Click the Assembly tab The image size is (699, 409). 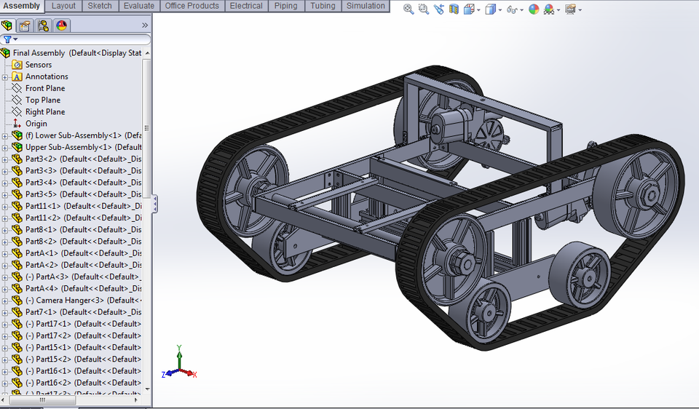click(x=22, y=6)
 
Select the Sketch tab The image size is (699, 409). click(x=100, y=6)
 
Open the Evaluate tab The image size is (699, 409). click(x=138, y=6)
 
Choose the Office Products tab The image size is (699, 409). click(x=191, y=6)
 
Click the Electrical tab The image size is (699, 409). click(x=246, y=6)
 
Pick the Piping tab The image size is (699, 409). click(x=285, y=6)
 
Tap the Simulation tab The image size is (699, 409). click(x=366, y=6)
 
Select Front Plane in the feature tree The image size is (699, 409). click(x=45, y=88)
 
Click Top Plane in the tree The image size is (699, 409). click(x=43, y=100)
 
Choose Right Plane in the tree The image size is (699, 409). click(x=45, y=112)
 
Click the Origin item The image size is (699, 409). click(x=36, y=124)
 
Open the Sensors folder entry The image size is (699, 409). click(x=39, y=65)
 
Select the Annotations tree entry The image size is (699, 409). click(x=47, y=76)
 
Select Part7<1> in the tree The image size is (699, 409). click(x=41, y=312)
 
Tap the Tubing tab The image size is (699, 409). click(x=323, y=6)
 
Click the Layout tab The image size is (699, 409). click(x=63, y=6)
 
